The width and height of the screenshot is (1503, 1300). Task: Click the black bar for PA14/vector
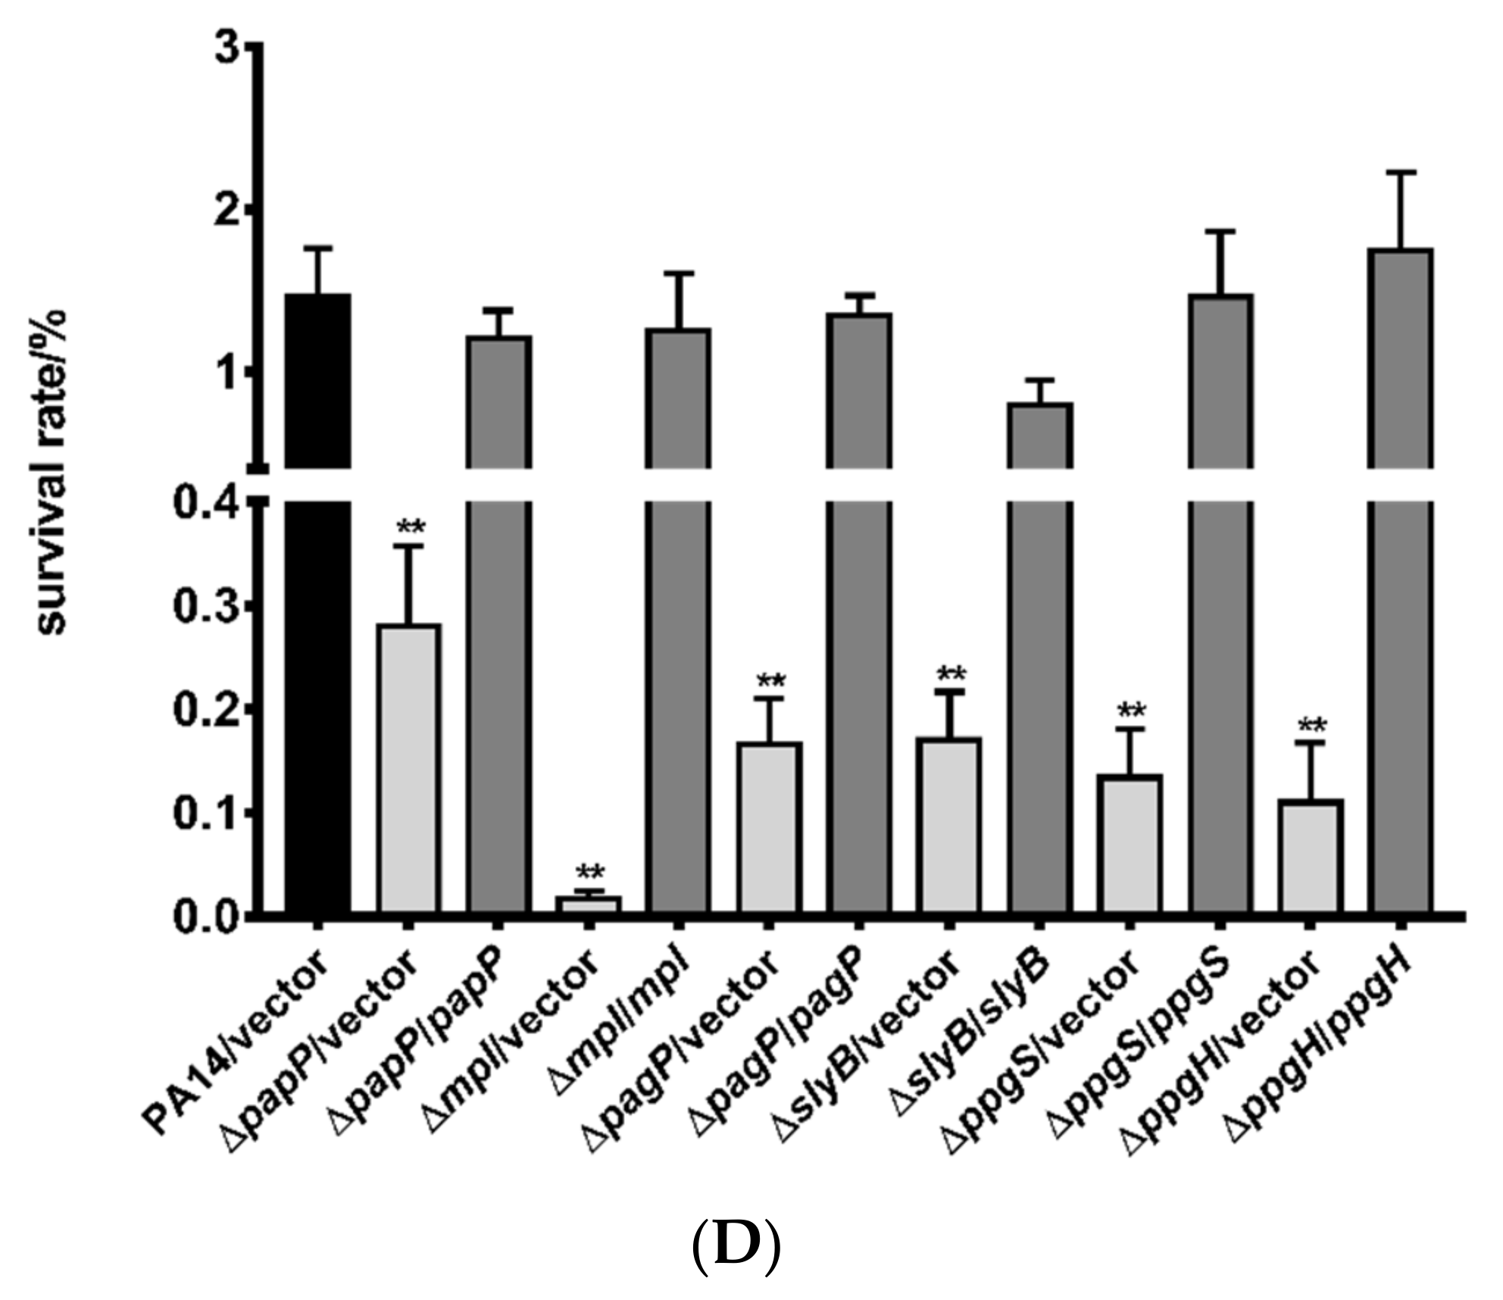pos(318,606)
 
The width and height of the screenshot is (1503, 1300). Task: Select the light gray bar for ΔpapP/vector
pos(409,769)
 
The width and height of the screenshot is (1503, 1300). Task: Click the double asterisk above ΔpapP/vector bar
pos(411,527)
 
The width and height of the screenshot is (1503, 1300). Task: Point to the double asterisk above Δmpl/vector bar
pos(590,872)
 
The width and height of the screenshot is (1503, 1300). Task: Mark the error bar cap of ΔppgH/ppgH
pos(1401,173)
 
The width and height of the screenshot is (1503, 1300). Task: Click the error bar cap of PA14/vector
pos(318,248)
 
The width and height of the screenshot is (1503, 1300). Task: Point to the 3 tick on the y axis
pos(255,45)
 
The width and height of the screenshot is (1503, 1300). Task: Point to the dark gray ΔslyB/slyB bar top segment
pos(1040,436)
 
